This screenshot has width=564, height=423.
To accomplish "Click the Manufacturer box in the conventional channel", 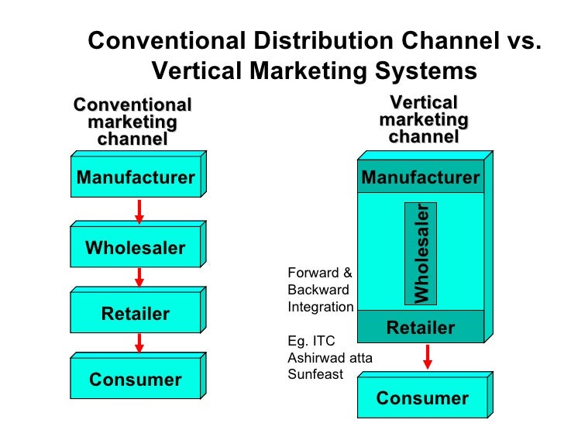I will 136,178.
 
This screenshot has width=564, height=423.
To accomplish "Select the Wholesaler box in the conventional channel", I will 136,248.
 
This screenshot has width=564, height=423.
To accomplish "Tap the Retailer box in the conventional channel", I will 136,314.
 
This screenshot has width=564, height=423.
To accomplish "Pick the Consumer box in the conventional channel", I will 136,380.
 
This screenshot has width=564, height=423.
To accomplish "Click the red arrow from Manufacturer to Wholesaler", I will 139,211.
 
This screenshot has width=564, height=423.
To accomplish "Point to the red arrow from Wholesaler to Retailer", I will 139,277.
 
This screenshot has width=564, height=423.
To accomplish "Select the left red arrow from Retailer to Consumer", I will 139,342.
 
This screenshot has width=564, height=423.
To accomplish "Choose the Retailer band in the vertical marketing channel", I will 421,328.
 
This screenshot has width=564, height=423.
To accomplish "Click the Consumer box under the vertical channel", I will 422,398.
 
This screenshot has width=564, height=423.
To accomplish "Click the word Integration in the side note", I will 321,307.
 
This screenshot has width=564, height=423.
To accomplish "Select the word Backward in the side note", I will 318,290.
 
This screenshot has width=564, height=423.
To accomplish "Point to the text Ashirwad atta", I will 330,358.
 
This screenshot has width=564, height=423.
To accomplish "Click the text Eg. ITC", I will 310,341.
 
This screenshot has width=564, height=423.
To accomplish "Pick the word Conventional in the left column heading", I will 132,105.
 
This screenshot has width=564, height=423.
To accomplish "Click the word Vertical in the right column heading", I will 423,103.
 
